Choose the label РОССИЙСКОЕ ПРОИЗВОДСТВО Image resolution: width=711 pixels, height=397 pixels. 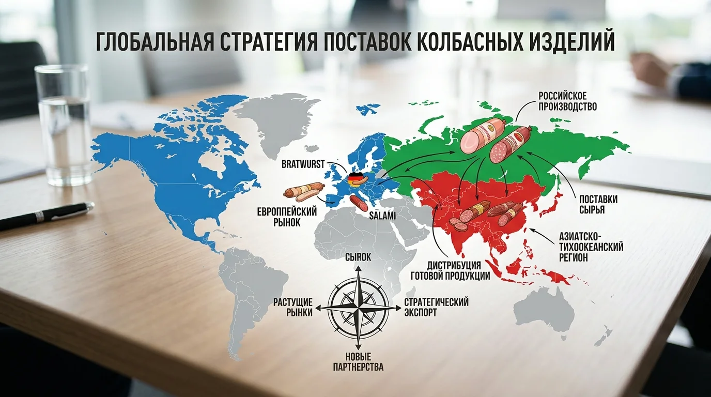(567, 102)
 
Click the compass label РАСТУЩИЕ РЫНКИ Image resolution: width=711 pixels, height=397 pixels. (292, 307)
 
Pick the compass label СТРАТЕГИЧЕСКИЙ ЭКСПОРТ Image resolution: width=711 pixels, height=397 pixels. (436, 307)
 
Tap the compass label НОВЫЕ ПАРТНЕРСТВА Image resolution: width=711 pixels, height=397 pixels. (358, 362)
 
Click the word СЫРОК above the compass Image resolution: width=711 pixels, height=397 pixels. (358, 257)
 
